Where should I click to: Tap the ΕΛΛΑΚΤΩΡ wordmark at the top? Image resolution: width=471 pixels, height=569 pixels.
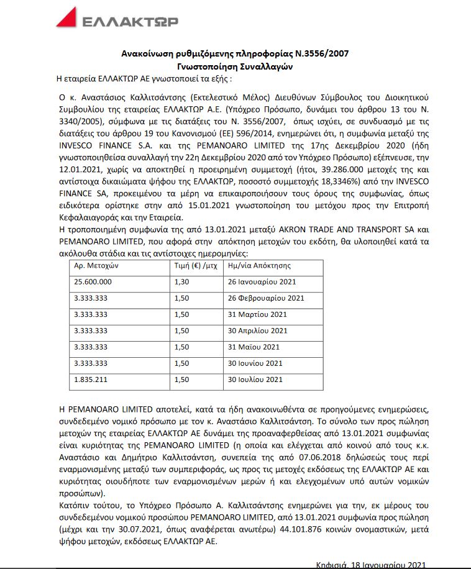tap(129, 21)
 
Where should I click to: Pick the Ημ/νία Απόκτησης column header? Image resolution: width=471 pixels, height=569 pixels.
tap(260, 265)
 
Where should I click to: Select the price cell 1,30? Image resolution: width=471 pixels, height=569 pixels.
tap(181, 281)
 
